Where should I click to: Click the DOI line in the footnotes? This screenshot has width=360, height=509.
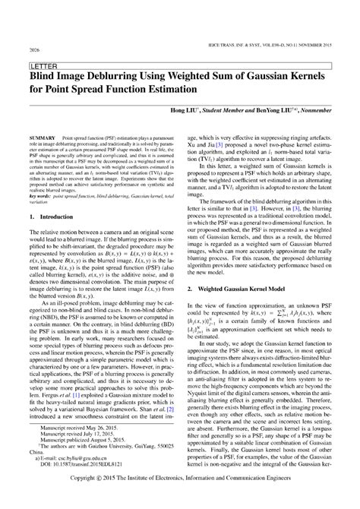pos(83,466)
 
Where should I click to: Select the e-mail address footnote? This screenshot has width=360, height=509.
pos(75,459)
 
